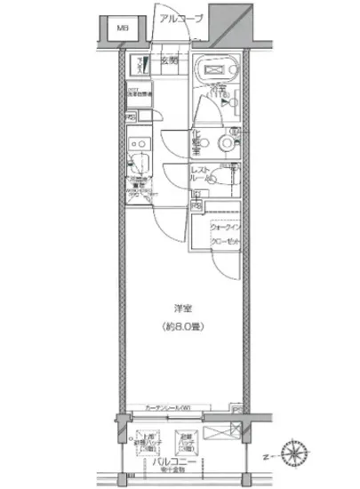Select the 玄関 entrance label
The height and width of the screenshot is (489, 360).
click(x=170, y=60)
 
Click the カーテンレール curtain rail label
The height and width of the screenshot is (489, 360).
click(x=162, y=408)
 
